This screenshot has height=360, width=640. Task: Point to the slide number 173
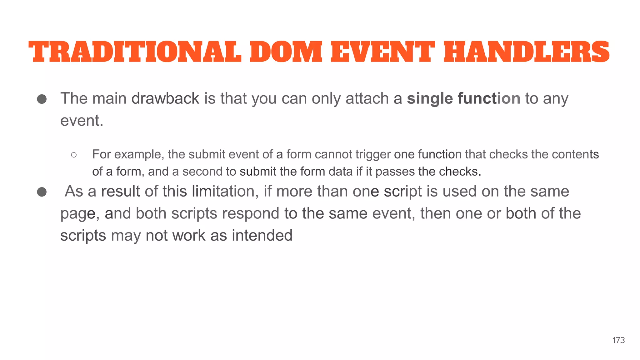tap(618, 340)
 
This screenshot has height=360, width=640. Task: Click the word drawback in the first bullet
tap(165, 98)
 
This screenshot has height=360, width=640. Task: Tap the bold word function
tap(489, 98)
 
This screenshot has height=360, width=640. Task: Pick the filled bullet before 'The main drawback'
tap(42, 99)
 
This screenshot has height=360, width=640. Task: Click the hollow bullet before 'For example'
tap(74, 155)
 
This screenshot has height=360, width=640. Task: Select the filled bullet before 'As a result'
tap(42, 192)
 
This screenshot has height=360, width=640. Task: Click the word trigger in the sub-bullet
tap(373, 155)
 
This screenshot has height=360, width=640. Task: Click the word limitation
tap(225, 191)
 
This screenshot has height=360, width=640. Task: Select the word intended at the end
tap(262, 235)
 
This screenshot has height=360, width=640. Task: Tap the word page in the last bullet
tap(78, 214)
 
